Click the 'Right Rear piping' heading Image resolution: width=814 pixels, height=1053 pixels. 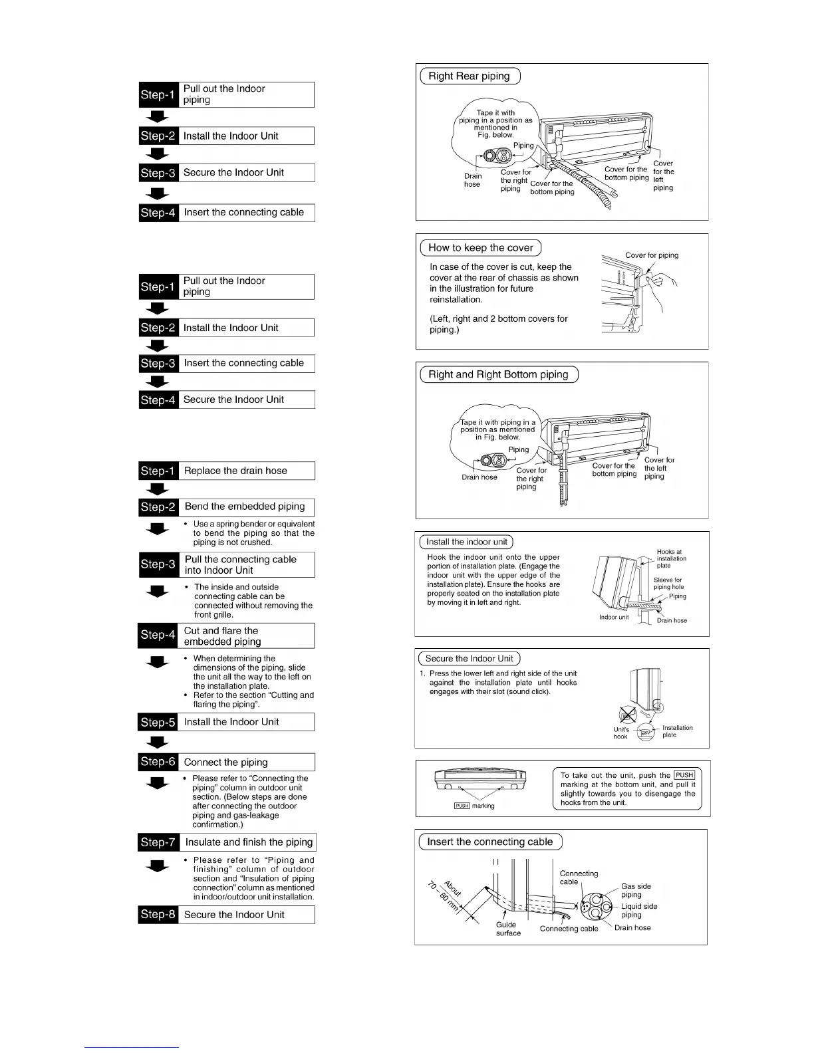coord(469,76)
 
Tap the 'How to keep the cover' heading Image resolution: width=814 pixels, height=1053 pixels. coord(480,248)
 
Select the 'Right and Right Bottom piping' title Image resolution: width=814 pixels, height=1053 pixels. coord(498,374)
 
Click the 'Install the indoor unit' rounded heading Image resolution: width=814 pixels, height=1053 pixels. coord(466,542)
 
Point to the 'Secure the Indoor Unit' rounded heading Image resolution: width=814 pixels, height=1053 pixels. coord(469,659)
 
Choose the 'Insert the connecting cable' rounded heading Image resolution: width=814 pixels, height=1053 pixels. coord(489,842)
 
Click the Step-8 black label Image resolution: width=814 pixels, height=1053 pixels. coord(158,915)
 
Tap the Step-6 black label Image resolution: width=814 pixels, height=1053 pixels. coord(158,762)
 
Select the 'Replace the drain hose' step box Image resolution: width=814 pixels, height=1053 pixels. coord(245,471)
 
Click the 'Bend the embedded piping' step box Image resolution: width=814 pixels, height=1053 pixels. coord(245,507)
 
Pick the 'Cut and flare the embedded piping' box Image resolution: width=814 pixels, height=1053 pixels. coord(245,636)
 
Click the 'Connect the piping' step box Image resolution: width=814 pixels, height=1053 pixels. coord(245,762)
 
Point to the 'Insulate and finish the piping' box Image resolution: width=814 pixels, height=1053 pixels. coord(248,842)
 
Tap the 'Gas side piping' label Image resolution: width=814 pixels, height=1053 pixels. coord(636,890)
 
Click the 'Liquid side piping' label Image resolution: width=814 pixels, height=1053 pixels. coord(638,911)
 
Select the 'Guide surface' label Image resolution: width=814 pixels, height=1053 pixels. coord(508,929)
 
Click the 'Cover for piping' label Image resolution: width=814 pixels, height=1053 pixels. coord(651,255)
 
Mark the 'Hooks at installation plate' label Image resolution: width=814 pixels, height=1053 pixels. coord(671,558)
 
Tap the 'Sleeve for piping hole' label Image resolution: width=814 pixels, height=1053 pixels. coord(668,583)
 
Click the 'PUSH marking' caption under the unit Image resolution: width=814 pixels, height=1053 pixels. coord(474,806)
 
